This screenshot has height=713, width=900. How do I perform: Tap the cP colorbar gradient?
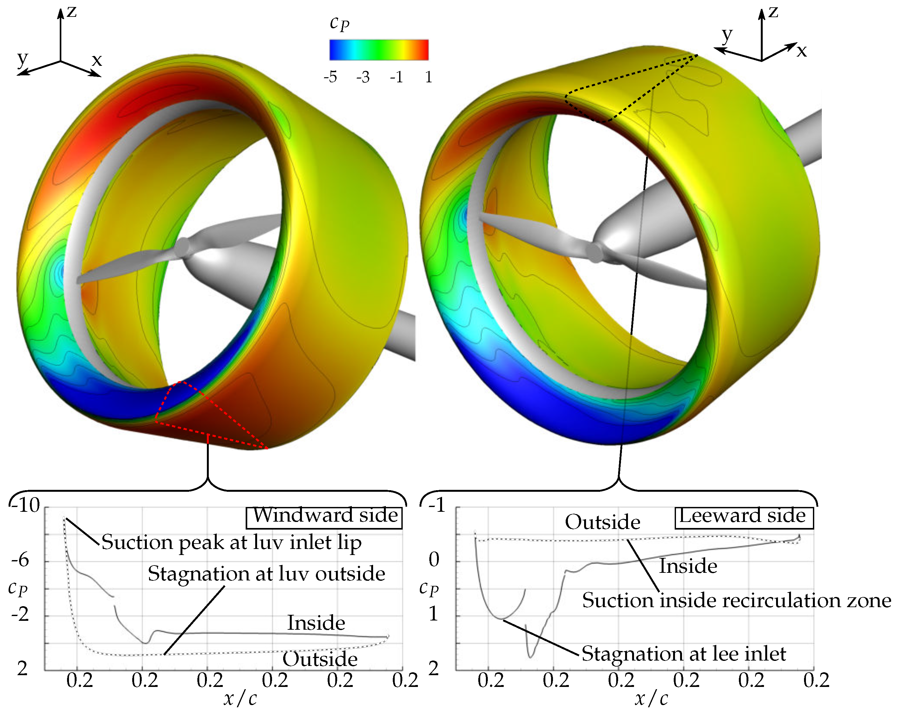click(379, 50)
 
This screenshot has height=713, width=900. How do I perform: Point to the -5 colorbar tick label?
click(330, 77)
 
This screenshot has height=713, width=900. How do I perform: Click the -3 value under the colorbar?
click(363, 77)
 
